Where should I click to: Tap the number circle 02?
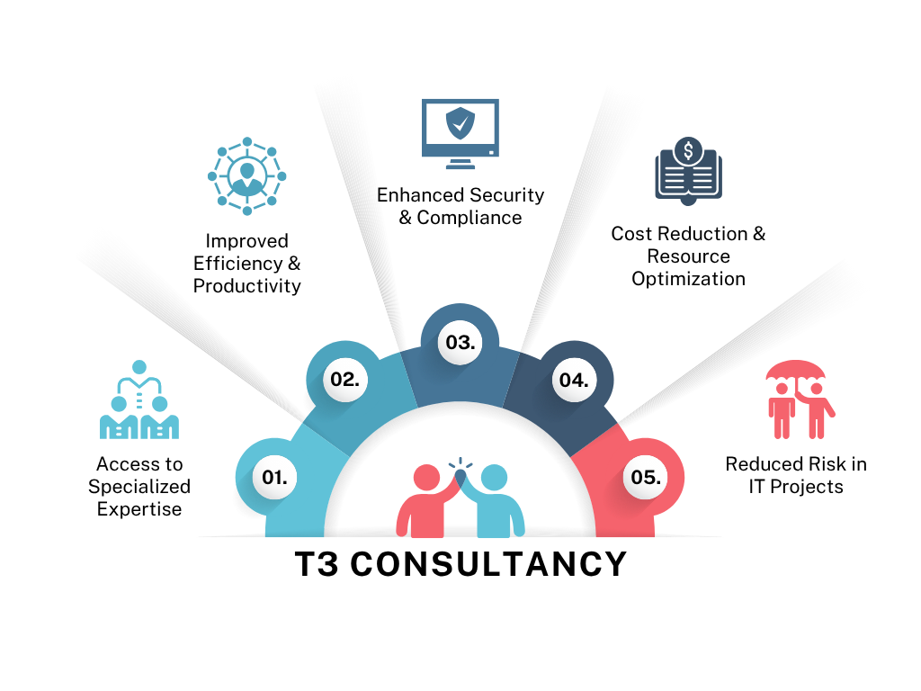point(344,379)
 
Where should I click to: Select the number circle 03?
point(460,342)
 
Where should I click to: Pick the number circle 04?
point(574,379)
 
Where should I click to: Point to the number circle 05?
point(646,477)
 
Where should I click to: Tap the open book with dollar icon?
point(688,166)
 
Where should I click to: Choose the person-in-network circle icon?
point(246,175)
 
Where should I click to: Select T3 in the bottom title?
point(316,565)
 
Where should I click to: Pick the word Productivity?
point(246,286)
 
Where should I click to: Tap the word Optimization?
point(688,279)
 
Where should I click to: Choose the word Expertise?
point(139,509)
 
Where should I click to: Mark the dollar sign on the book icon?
point(688,150)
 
